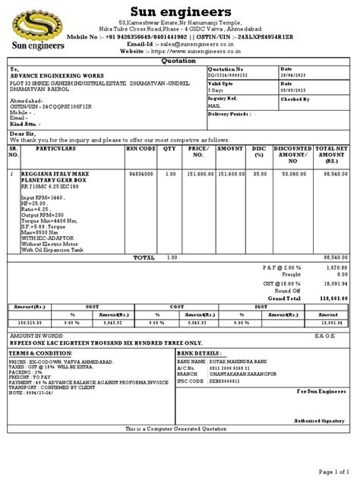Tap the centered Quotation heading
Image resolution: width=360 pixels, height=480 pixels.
click(179, 62)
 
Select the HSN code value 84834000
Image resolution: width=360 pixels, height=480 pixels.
click(141, 174)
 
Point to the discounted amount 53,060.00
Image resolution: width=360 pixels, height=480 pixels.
click(292, 174)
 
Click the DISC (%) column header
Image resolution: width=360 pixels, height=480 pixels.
click(259, 152)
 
